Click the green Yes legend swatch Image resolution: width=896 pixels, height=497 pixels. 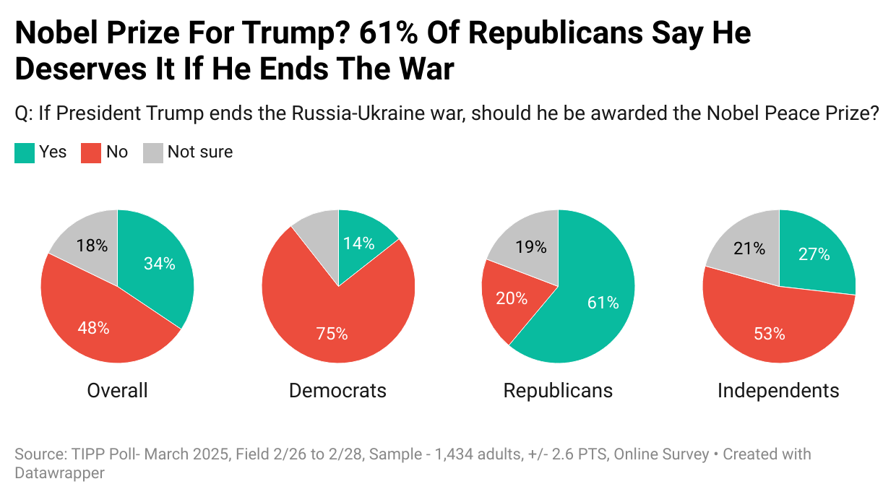(25, 152)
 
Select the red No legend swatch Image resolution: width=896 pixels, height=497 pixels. (91, 152)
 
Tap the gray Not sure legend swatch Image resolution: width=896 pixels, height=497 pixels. (152, 152)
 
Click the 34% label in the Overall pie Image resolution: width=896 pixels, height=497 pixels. (159, 264)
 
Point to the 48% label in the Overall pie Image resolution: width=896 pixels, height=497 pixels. (93, 328)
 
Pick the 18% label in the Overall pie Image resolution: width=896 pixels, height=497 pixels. (92, 246)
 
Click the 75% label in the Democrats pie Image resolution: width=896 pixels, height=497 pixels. (332, 334)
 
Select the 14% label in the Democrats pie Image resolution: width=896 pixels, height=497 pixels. (359, 243)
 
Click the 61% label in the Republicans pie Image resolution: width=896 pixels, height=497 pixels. (603, 303)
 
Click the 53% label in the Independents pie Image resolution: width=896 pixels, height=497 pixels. (769, 333)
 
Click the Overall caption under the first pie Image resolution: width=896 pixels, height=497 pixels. (117, 391)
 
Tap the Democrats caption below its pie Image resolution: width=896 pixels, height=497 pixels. (337, 391)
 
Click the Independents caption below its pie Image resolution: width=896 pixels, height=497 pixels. (778, 391)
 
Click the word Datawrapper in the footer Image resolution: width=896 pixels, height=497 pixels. (60, 473)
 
